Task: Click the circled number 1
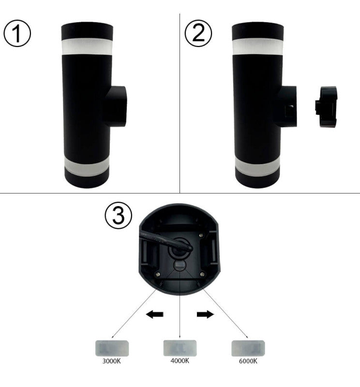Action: coord(17,33)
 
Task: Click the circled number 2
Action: coord(198,33)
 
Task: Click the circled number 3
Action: coord(118,216)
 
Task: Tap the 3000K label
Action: coord(112,361)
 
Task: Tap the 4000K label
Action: coord(180,361)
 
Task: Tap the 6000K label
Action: coord(248,361)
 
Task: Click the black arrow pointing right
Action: coord(205,315)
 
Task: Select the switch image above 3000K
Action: coord(112,348)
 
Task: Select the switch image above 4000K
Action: coord(180,348)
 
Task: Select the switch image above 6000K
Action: coord(248,348)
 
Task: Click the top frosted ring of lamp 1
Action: coord(87,46)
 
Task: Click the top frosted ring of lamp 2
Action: coord(258,46)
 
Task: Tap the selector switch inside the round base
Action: coord(180,266)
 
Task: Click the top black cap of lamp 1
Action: coord(87,30)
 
